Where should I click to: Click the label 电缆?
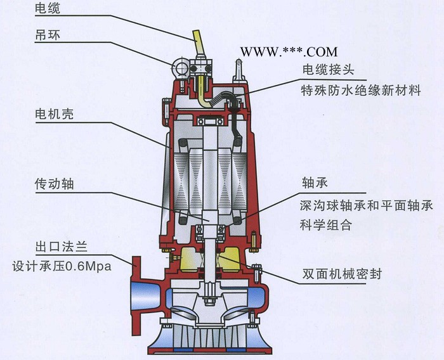coord(48,8)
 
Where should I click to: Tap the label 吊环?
coord(48,35)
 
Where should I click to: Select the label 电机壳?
coord(54,114)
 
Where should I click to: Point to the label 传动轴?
coord(54,184)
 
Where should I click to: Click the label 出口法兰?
coord(61,247)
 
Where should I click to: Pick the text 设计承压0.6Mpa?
coord(62,266)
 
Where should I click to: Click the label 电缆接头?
coord(328,69)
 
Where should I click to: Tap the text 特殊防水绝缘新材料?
coord(361,91)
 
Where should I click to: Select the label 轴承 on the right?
coord(315,183)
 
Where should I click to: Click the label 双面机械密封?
coord(342,274)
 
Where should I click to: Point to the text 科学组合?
coord(326,225)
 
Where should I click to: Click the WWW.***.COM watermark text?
coord(289,52)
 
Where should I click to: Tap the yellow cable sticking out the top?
coord(199,42)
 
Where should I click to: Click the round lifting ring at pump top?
coord(181,68)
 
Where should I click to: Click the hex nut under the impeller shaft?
coord(209,300)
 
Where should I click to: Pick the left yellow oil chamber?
coord(189,260)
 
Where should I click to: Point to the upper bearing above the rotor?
coord(211,122)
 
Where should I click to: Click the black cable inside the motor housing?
coord(235,122)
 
